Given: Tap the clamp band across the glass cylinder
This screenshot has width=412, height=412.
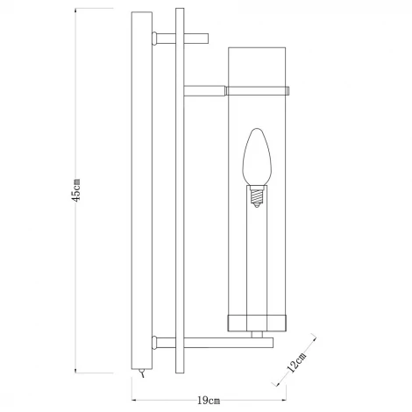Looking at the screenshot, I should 260,89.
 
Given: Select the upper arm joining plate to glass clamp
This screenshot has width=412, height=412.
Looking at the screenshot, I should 204,89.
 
